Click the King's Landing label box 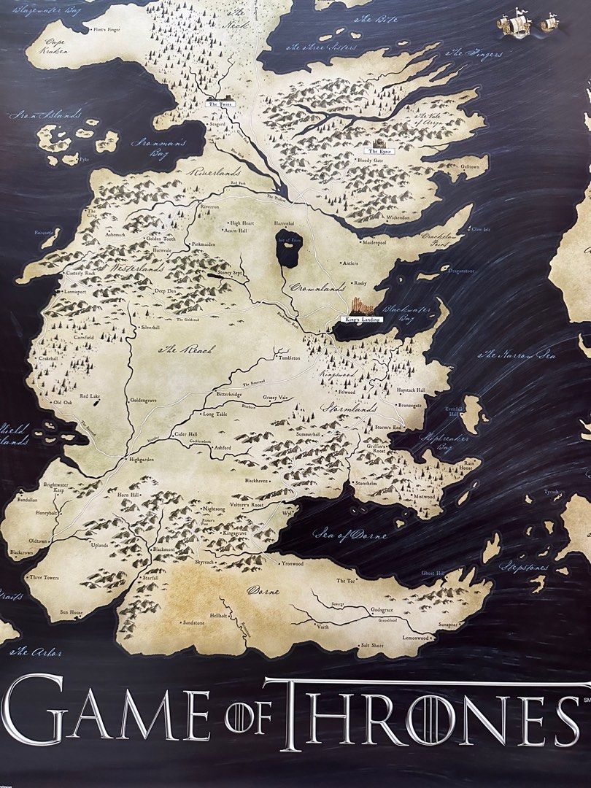[x=363, y=320]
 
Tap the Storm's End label [x=389, y=427]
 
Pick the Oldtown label [x=38, y=541]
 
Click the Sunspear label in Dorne [x=447, y=625]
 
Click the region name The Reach [x=187, y=350]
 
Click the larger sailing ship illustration [x=515, y=24]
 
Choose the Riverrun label [x=209, y=207]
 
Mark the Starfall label [x=150, y=577]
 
